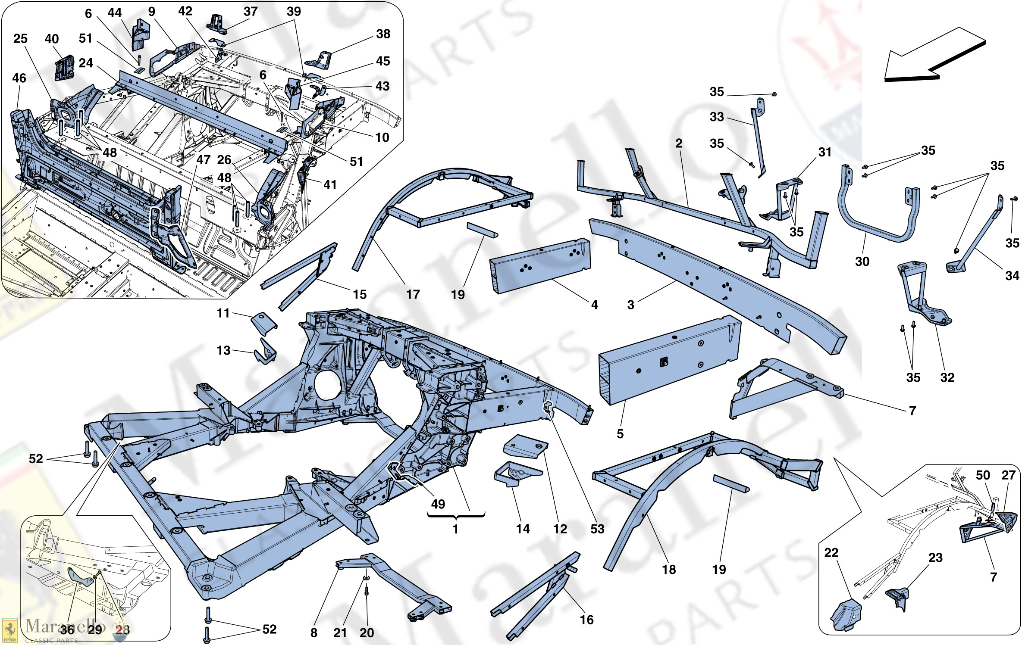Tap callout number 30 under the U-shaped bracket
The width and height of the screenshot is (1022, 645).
(x=862, y=261)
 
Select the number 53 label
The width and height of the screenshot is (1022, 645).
(x=597, y=529)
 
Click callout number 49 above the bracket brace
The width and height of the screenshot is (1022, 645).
(x=438, y=504)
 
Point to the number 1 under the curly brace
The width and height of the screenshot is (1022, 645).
(x=455, y=529)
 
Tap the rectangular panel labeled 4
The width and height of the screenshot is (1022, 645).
(x=539, y=265)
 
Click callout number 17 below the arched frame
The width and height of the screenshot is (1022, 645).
(x=413, y=294)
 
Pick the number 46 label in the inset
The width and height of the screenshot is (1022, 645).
(x=19, y=78)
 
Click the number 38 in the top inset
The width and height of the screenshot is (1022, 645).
(x=383, y=34)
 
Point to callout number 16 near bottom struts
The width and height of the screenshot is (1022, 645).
(x=586, y=620)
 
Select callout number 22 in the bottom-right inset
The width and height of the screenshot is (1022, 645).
(x=831, y=552)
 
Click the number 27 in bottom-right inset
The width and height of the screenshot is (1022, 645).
(x=1008, y=475)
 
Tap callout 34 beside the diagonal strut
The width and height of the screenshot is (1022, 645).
(x=1012, y=275)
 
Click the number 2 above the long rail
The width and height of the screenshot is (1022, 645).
(x=679, y=143)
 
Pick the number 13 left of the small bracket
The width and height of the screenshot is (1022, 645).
(x=223, y=350)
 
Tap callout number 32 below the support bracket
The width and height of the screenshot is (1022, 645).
(x=947, y=377)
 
